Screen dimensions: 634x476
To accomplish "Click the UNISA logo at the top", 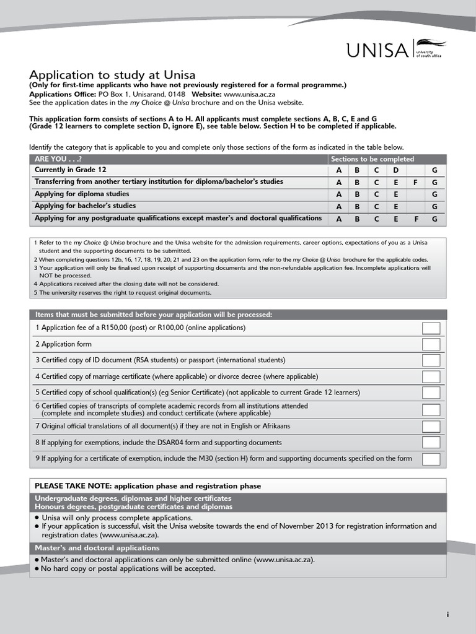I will pos(395,50).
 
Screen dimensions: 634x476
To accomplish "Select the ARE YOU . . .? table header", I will pos(58,159).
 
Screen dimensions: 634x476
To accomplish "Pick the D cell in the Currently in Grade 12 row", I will pos(395,170).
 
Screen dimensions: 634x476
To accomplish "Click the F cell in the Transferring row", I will pos(415,183).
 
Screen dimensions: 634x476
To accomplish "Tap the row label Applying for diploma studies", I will pos(82,194).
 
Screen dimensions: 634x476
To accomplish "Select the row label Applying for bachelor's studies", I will pos(85,206).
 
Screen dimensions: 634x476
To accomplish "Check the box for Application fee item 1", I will pos(431,328).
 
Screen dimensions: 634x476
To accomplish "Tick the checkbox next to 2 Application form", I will pos(431,344).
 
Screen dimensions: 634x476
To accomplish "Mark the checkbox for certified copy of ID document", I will pos(431,360).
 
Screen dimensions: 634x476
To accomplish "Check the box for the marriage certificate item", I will pos(431,376).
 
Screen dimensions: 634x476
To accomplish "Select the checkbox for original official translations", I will pos(431,426).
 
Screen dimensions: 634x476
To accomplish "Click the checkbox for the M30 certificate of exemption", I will pos(431,459).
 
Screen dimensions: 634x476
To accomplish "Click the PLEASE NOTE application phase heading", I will pos(148,486).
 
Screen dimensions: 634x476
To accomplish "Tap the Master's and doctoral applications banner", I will pos(97,548).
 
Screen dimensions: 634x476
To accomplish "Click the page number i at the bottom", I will pos(447,614).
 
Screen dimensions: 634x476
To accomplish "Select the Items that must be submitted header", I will pos(153,315).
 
